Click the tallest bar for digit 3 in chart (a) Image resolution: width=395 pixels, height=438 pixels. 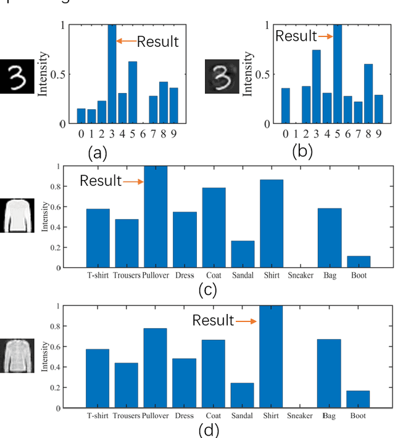pos(112,74)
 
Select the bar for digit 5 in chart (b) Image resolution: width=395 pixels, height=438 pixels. pos(337,74)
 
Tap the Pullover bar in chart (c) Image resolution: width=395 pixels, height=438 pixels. pos(156,217)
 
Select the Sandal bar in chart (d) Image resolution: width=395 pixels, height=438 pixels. pos(242,395)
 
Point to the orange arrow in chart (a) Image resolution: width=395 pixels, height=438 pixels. pos(126,42)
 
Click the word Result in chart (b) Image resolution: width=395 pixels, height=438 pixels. pos(296,36)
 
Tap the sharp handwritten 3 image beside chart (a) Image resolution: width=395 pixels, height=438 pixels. pos(17,75)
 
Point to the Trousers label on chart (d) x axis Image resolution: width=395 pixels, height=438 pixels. pos(127,416)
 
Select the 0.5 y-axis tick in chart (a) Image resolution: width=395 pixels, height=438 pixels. pos(66,75)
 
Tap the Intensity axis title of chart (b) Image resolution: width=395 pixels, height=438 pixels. pos(249,75)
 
